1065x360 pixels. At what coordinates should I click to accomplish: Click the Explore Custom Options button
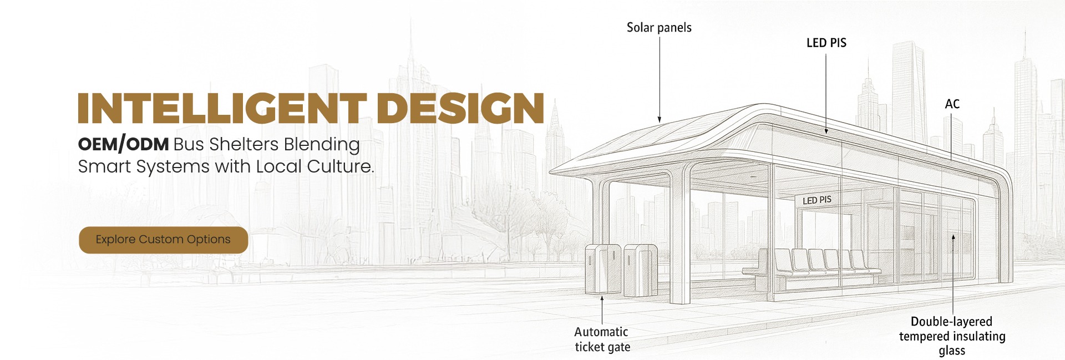pyautogui.click(x=163, y=240)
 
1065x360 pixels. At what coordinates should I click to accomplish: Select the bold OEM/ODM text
pyautogui.click(x=123, y=144)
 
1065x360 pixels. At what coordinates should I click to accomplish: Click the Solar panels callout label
pyautogui.click(x=659, y=28)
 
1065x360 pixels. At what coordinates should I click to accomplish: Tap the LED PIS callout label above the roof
pyautogui.click(x=826, y=43)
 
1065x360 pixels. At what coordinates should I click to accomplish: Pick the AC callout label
pyautogui.click(x=952, y=104)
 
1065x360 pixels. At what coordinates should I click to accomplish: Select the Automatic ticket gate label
pyautogui.click(x=602, y=339)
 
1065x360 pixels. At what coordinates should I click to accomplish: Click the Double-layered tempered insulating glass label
pyautogui.click(x=952, y=336)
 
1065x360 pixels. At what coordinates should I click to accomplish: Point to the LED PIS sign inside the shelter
pyautogui.click(x=817, y=200)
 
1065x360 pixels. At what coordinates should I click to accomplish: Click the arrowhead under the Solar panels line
pyautogui.click(x=660, y=119)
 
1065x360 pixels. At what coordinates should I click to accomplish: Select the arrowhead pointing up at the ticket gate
pyautogui.click(x=602, y=299)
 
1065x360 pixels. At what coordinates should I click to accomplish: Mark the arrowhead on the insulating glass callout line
pyautogui.click(x=953, y=237)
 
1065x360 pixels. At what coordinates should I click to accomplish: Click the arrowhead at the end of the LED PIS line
pyautogui.click(x=826, y=131)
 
